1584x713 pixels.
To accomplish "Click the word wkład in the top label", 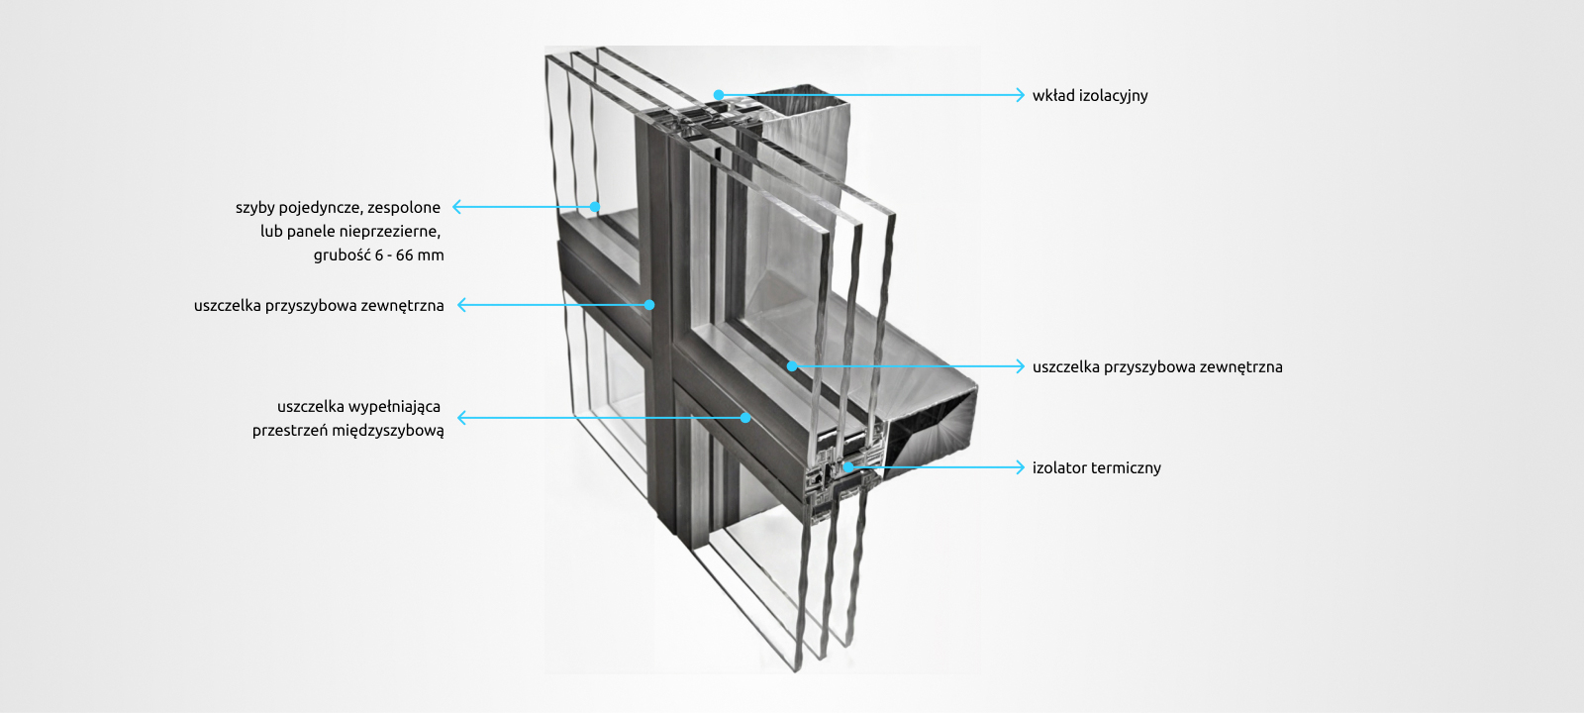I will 1053,96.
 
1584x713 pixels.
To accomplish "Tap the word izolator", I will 1062,467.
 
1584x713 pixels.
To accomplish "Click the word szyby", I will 254,208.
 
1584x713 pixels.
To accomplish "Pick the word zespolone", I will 404,208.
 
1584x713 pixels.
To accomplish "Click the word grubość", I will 342,255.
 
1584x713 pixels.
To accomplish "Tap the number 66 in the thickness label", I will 405,255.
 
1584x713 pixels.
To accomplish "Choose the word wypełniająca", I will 394,407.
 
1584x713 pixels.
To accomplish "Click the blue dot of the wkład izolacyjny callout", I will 719,95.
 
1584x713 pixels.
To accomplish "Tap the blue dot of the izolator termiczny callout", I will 848,466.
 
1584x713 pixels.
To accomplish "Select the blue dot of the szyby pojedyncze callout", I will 595,207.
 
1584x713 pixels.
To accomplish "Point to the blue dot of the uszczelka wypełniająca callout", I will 745,418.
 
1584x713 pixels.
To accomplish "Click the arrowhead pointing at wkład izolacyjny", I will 1020,95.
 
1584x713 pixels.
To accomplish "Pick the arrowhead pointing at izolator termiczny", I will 1020,467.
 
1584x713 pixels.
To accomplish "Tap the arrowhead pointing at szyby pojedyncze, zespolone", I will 458,207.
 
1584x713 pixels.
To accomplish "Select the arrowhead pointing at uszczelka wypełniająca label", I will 462,418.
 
